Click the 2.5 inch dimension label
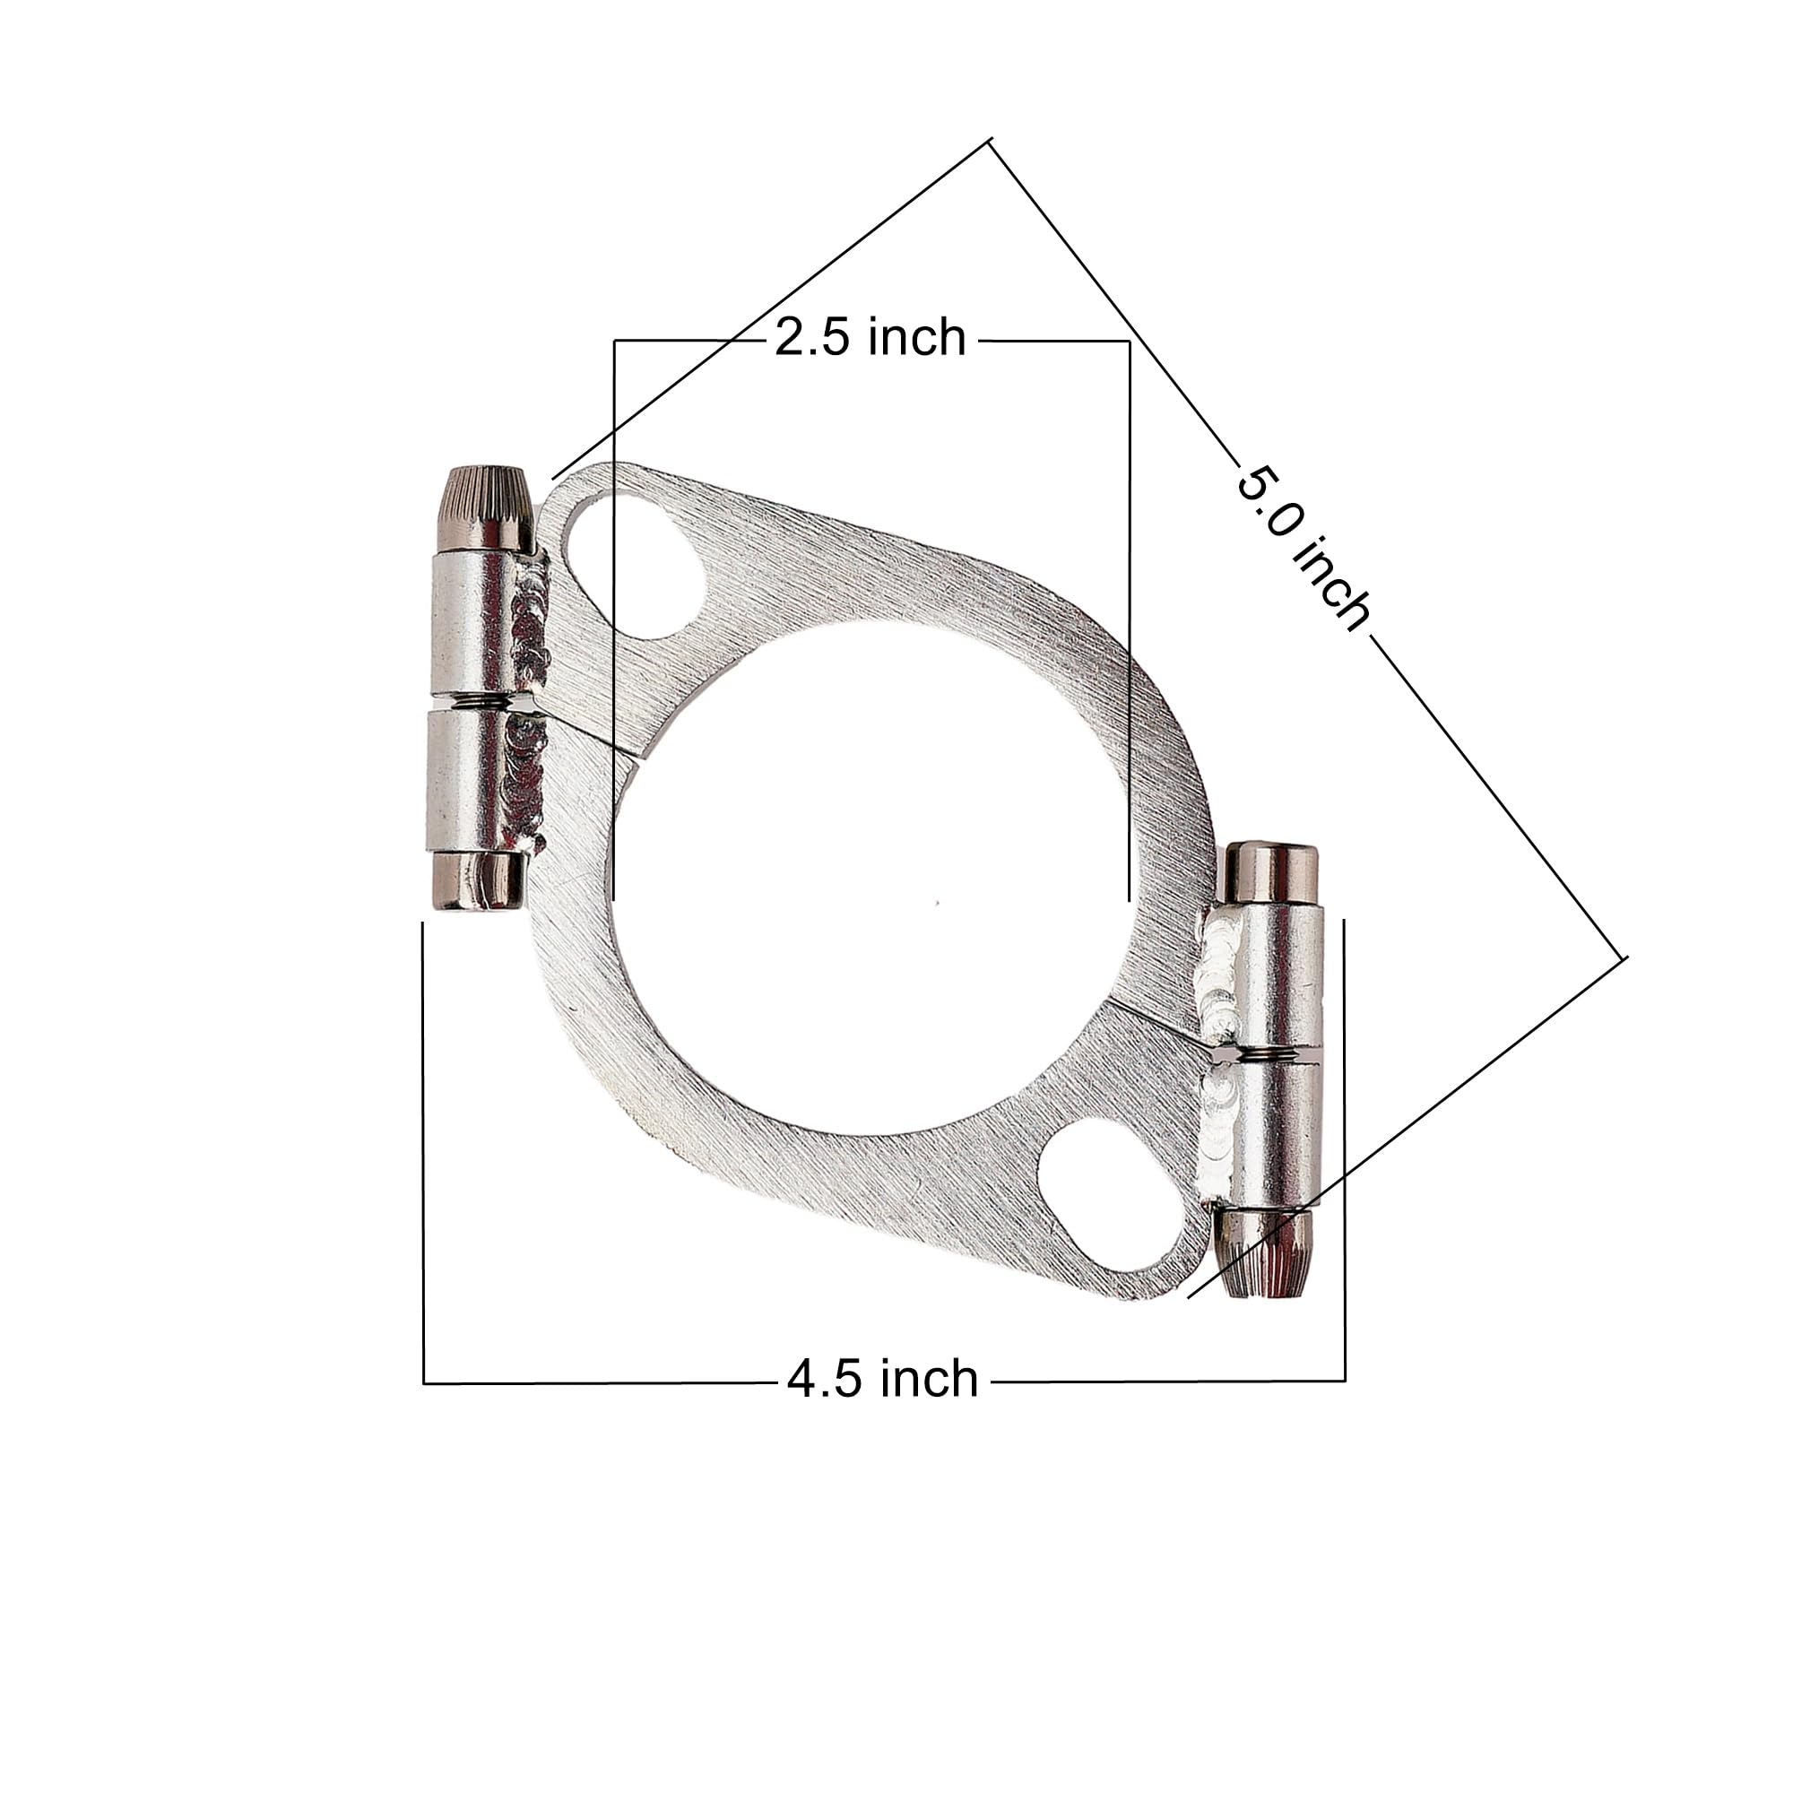pos(870,338)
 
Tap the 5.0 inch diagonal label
pos(1303,550)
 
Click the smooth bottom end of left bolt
pos(476,880)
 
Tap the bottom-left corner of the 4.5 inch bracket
pos(424,1383)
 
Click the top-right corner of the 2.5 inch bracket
pos(1129,342)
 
